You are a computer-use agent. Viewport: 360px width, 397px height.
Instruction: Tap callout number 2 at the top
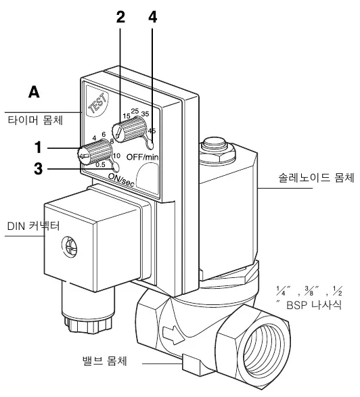pyautogui.click(x=120, y=17)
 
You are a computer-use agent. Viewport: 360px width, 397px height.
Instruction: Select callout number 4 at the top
pyautogui.click(x=152, y=17)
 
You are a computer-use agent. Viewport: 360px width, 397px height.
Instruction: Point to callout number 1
pyautogui.click(x=38, y=147)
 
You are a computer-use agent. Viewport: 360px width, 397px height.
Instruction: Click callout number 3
pyautogui.click(x=39, y=168)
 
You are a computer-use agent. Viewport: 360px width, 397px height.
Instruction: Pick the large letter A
pyautogui.click(x=34, y=92)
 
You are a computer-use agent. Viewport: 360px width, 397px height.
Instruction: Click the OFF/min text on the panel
pyautogui.click(x=142, y=157)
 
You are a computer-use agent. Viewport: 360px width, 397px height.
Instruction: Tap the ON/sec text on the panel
pyautogui.click(x=121, y=179)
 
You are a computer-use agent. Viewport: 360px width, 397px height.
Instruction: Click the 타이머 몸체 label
pyautogui.click(x=35, y=120)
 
